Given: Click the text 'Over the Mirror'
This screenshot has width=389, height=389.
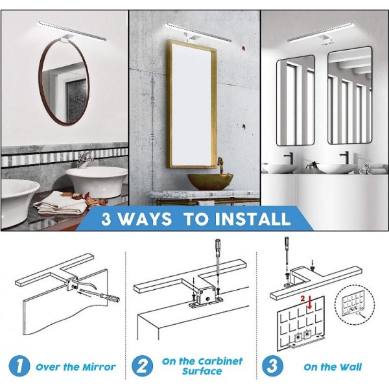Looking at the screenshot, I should [x=75, y=367].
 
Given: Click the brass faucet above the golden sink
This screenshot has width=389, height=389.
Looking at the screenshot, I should [x=220, y=165].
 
